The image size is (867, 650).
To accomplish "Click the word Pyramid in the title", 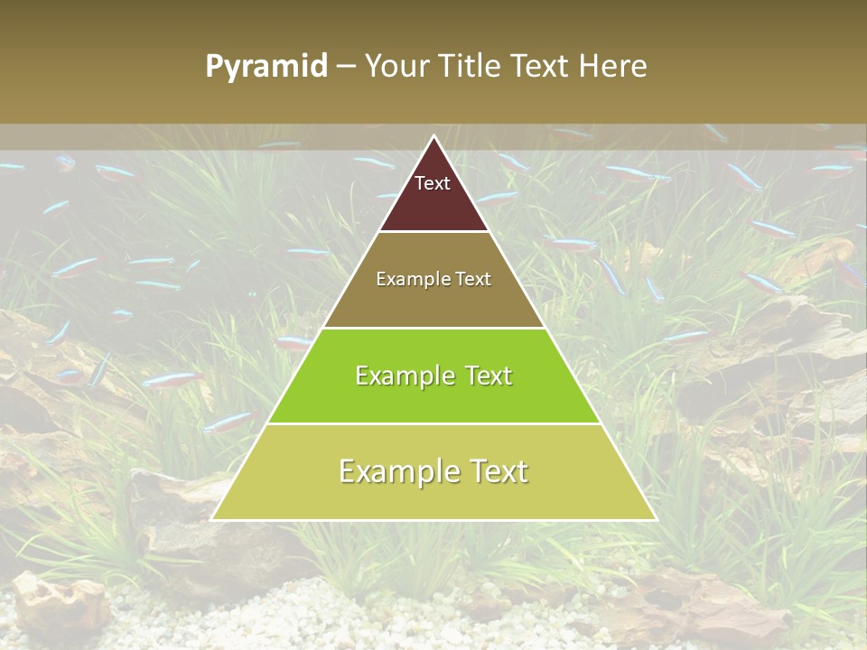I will pyautogui.click(x=266, y=67).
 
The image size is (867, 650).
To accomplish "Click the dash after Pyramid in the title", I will pyautogui.click(x=346, y=67).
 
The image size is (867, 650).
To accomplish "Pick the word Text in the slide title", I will pyautogui.click(x=544, y=67).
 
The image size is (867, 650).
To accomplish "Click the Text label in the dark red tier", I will pyautogui.click(x=433, y=183).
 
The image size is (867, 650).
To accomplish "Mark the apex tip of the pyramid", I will pyautogui.click(x=433, y=136).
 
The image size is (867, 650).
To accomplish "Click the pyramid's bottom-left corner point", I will pyautogui.click(x=212, y=519).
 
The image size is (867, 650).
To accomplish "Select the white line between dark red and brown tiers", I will pyautogui.click(x=433, y=231).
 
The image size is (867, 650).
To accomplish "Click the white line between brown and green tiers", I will pyautogui.click(x=433, y=328).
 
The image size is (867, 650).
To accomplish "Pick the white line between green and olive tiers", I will pyautogui.click(x=433, y=423).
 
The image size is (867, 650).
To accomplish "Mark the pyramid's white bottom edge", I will pyautogui.click(x=433, y=520).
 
